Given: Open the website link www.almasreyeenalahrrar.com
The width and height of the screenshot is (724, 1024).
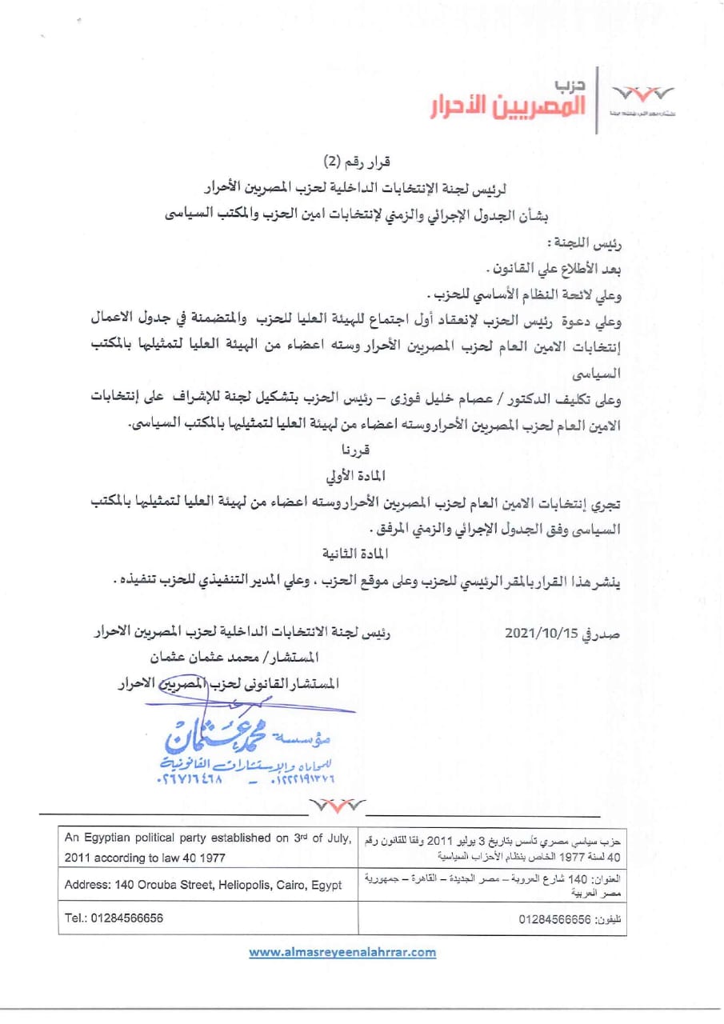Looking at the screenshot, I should (342, 952).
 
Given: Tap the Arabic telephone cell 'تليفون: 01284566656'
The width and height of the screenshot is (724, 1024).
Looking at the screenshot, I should (570, 919).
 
